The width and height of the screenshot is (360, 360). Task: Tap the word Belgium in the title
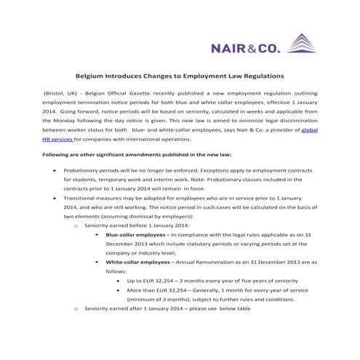(92, 75)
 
